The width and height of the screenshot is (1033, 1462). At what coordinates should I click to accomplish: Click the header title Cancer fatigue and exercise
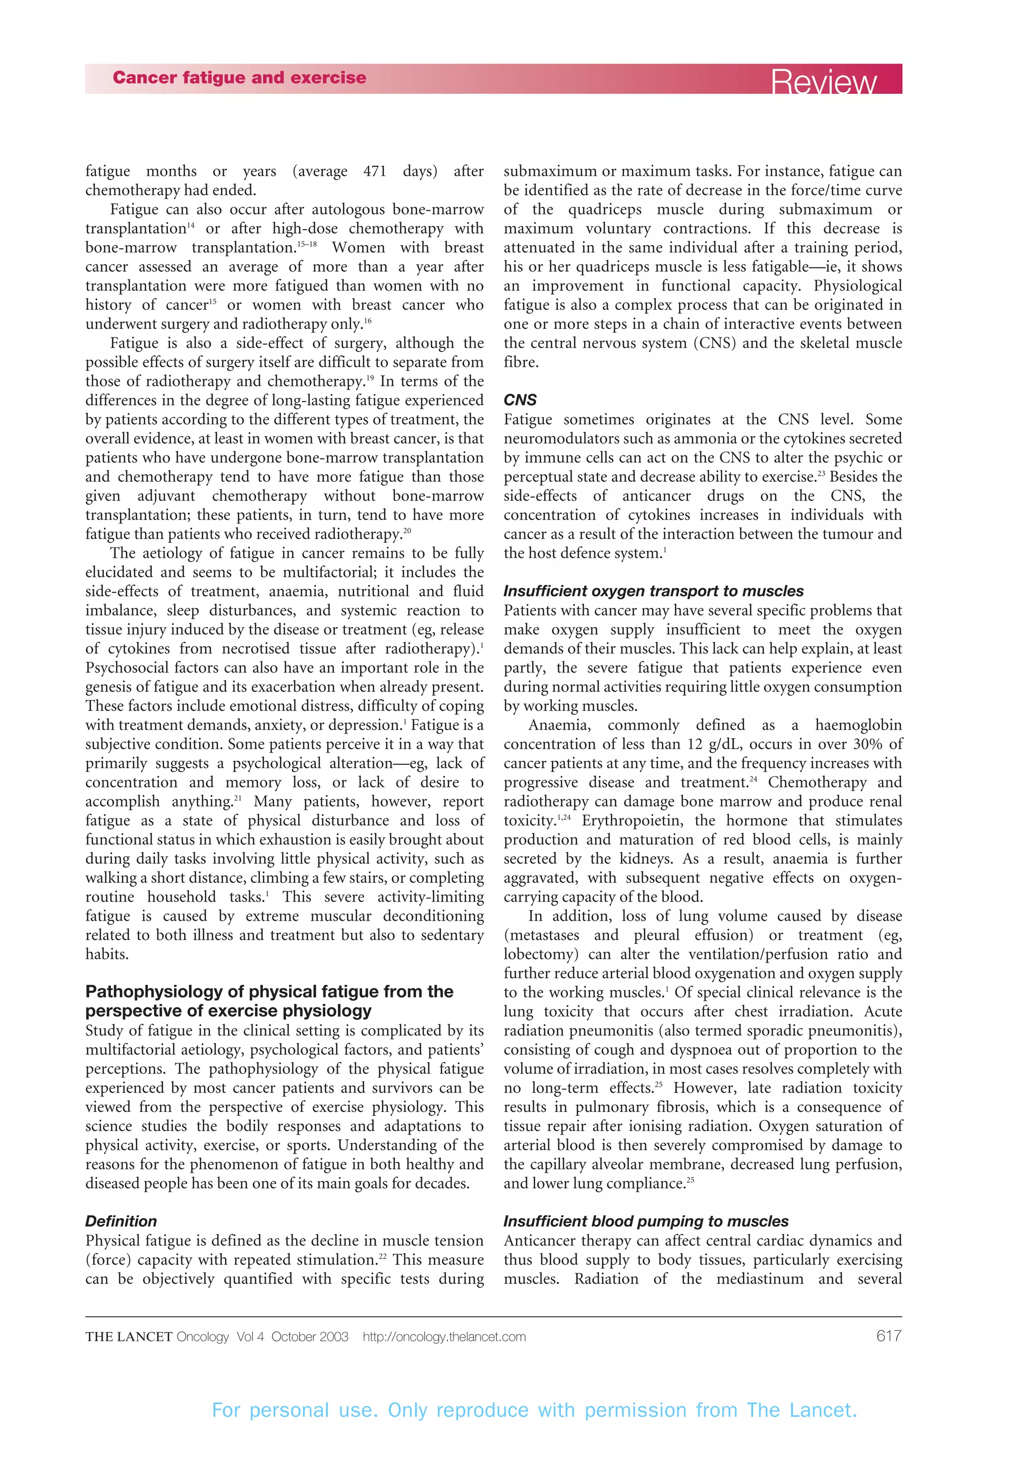tap(239, 78)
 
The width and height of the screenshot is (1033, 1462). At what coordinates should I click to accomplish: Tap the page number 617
tap(889, 1336)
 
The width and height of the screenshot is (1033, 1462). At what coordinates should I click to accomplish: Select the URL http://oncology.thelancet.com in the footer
tap(444, 1336)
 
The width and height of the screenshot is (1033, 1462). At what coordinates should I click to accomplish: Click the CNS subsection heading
tap(520, 400)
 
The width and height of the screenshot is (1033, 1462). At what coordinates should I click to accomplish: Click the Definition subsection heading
tap(121, 1221)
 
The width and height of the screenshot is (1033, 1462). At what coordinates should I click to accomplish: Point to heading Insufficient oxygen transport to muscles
tap(653, 591)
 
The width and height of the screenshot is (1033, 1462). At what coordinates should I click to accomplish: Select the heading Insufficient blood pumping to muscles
tap(646, 1221)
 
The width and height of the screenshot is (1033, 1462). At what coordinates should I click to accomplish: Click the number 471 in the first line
tap(375, 172)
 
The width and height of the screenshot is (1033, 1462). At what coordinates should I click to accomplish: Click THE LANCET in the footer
tap(129, 1336)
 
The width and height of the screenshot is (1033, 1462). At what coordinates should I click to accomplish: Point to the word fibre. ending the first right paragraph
tap(521, 362)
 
